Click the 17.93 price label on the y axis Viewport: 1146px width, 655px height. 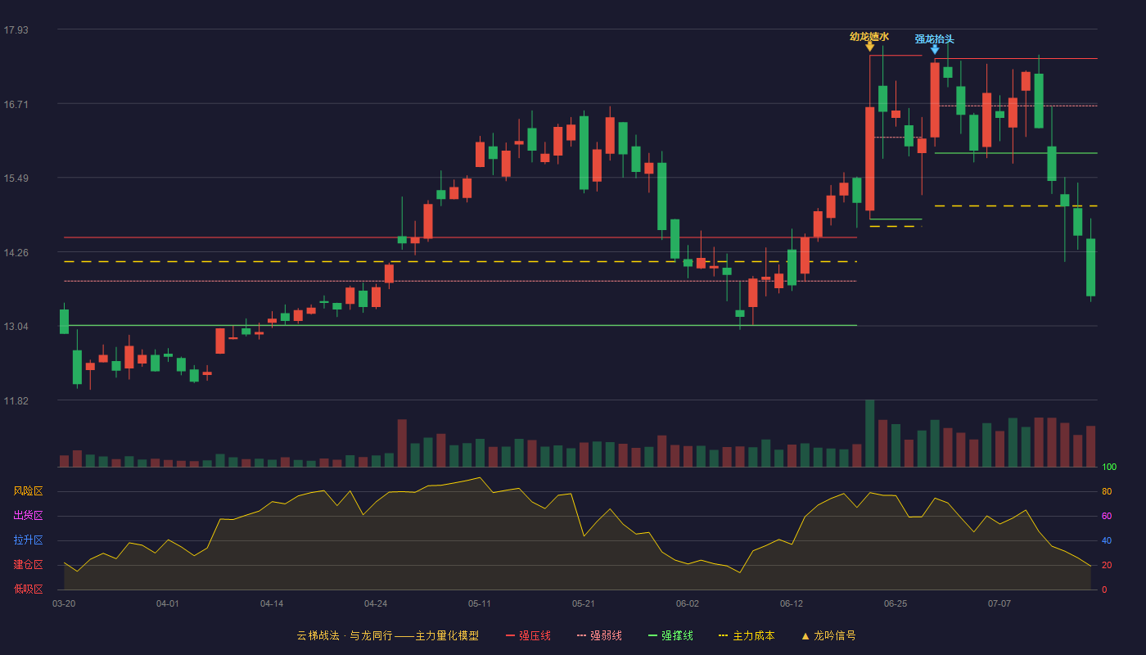click(x=16, y=30)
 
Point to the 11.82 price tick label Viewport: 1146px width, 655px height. click(x=16, y=400)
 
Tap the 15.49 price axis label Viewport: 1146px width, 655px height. click(x=16, y=178)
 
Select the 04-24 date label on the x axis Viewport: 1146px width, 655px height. click(x=376, y=604)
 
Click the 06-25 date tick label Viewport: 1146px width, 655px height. click(x=896, y=604)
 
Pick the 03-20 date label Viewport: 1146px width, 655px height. click(x=64, y=604)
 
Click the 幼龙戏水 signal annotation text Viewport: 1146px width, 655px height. click(x=869, y=37)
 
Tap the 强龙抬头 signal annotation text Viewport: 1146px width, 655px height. click(x=934, y=39)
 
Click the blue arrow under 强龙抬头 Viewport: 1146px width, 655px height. click(x=935, y=50)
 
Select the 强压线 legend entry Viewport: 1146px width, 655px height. click(x=529, y=635)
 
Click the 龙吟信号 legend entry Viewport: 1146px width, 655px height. click(x=828, y=635)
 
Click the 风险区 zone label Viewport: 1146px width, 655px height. click(x=28, y=491)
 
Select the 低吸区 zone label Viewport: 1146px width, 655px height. click(x=28, y=589)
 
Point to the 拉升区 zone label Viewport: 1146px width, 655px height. click(x=28, y=540)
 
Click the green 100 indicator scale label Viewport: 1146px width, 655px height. click(x=1109, y=467)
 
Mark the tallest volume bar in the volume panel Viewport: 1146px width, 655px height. click(x=869, y=433)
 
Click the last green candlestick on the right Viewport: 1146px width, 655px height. click(x=1090, y=267)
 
